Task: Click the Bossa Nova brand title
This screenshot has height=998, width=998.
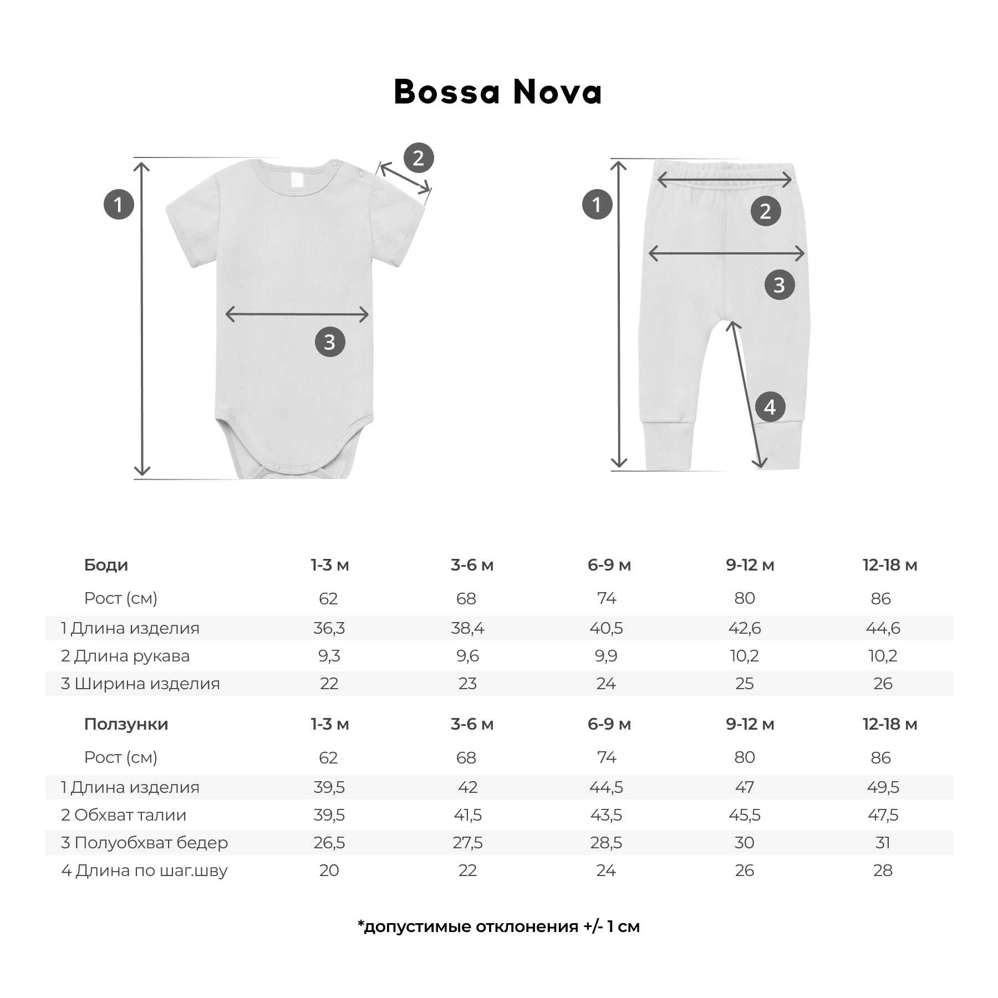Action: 497,92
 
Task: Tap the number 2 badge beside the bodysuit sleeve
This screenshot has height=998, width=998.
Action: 418,158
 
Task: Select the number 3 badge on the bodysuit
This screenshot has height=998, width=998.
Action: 330,342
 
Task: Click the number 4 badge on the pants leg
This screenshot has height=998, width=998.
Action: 770,407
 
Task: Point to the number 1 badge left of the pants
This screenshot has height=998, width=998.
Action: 597,205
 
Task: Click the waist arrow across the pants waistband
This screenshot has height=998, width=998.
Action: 724,179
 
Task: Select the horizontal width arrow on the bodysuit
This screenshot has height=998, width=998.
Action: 297,314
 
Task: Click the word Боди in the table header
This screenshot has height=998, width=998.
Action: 106,565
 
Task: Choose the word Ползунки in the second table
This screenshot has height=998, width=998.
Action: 126,724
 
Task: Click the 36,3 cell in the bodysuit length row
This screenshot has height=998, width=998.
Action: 329,628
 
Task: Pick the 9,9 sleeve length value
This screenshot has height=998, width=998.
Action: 605,656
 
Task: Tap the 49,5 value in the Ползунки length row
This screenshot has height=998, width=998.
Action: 883,787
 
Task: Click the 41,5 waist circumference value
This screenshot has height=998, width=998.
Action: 467,815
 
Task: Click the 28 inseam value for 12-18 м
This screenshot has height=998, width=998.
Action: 883,870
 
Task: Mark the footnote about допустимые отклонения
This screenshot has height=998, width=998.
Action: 498,926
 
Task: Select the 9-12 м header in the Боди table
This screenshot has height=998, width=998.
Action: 750,565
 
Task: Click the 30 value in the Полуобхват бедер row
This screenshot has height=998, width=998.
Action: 744,843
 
